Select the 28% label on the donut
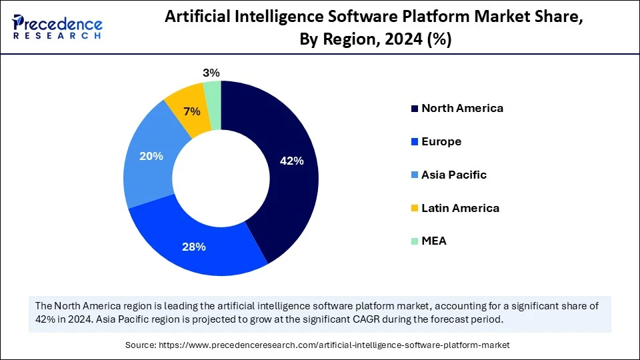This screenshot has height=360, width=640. click(x=194, y=247)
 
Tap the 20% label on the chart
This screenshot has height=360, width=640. click(x=151, y=156)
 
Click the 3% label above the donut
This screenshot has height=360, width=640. click(x=211, y=73)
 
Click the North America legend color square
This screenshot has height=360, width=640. click(x=414, y=109)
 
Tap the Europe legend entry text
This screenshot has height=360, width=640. click(x=441, y=141)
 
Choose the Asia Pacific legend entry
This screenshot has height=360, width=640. click(x=454, y=175)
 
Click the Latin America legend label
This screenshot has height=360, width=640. click(x=460, y=208)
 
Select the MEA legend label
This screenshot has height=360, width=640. click(x=434, y=241)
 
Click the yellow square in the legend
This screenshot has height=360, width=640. click(x=414, y=209)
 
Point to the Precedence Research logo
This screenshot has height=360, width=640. click(x=57, y=27)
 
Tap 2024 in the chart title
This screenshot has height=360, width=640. click(x=405, y=40)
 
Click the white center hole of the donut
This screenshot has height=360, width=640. click(x=221, y=178)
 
